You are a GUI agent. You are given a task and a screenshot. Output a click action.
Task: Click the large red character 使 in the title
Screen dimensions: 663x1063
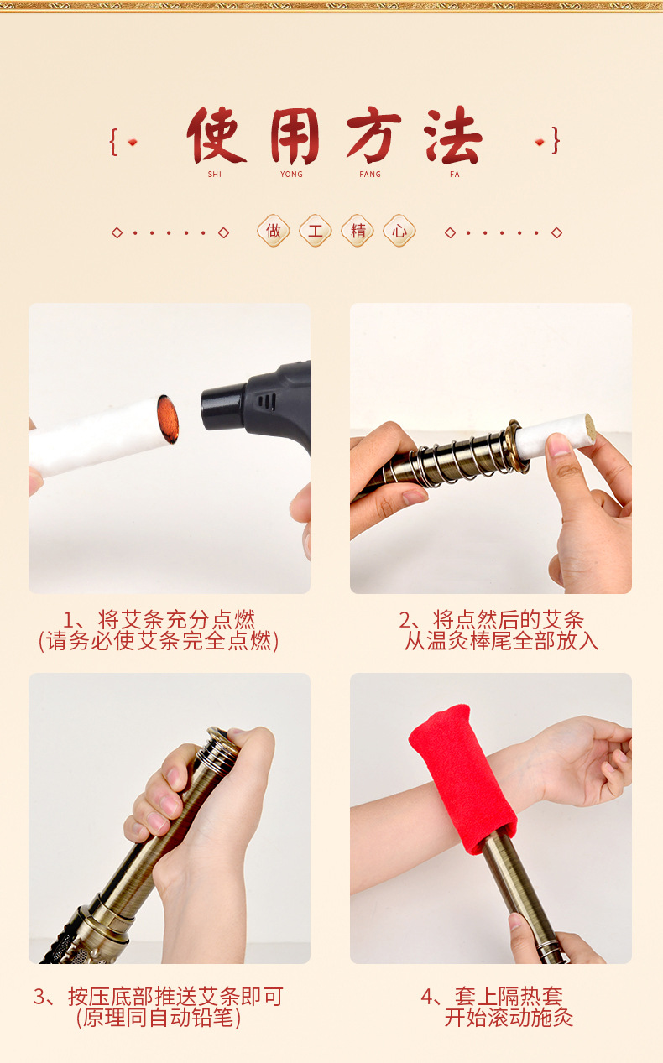[x=216, y=135]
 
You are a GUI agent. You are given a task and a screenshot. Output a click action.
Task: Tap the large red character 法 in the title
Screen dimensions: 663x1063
[x=453, y=135]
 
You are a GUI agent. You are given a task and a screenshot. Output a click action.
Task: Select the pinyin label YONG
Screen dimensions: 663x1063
[x=291, y=175]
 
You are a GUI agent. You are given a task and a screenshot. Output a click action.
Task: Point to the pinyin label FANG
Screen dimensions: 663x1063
[x=370, y=175]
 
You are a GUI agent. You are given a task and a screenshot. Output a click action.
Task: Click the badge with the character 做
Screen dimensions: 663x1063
[x=274, y=231]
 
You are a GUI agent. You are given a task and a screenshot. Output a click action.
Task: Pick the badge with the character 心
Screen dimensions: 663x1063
[x=399, y=231]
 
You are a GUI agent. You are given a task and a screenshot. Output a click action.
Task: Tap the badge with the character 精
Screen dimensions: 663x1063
[x=358, y=231]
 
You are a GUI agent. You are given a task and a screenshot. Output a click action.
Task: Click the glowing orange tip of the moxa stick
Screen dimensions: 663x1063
[x=168, y=419]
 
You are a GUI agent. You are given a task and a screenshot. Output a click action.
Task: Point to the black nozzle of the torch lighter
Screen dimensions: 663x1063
[x=222, y=408]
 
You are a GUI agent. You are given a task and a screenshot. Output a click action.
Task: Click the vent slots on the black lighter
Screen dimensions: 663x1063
[x=267, y=402]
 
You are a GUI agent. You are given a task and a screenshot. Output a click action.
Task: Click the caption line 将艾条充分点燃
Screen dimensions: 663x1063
[x=176, y=619]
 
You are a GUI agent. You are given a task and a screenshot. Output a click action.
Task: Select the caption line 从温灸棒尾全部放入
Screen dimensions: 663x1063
[x=501, y=641]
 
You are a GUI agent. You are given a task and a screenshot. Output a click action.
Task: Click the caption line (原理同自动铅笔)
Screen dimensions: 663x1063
[x=159, y=1017]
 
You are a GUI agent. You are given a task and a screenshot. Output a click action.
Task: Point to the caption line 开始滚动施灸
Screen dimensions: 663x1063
[x=509, y=1017]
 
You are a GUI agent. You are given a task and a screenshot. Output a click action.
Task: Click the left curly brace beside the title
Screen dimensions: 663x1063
[x=113, y=142]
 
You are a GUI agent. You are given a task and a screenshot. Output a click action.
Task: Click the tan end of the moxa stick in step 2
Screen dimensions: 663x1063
[x=590, y=429]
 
